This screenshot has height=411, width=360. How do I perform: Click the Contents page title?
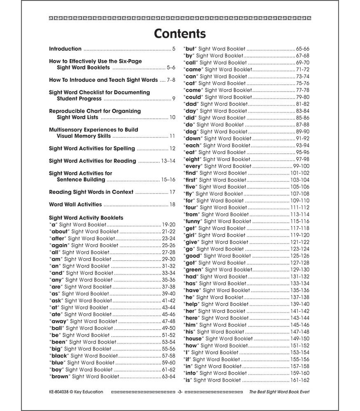tap(180, 33)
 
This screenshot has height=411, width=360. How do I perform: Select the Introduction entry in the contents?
tap(65, 48)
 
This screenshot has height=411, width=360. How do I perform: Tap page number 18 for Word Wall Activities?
tap(172, 205)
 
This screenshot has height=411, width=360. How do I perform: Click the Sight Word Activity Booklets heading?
tap(86, 218)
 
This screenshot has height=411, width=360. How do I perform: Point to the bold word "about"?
tap(60, 232)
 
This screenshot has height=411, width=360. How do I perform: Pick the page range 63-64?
tap(168, 377)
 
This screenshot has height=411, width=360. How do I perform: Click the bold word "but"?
tap(190, 48)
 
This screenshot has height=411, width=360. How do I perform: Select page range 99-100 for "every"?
tap(301, 166)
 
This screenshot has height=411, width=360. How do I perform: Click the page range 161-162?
tap(301, 380)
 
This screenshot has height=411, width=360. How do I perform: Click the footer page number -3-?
tap(179, 392)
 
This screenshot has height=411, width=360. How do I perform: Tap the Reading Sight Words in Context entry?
tap(91, 192)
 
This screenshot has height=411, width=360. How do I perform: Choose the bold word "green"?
tap(194, 270)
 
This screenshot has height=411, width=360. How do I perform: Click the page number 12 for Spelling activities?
tap(172, 149)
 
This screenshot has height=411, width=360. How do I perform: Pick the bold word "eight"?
tap(192, 159)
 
